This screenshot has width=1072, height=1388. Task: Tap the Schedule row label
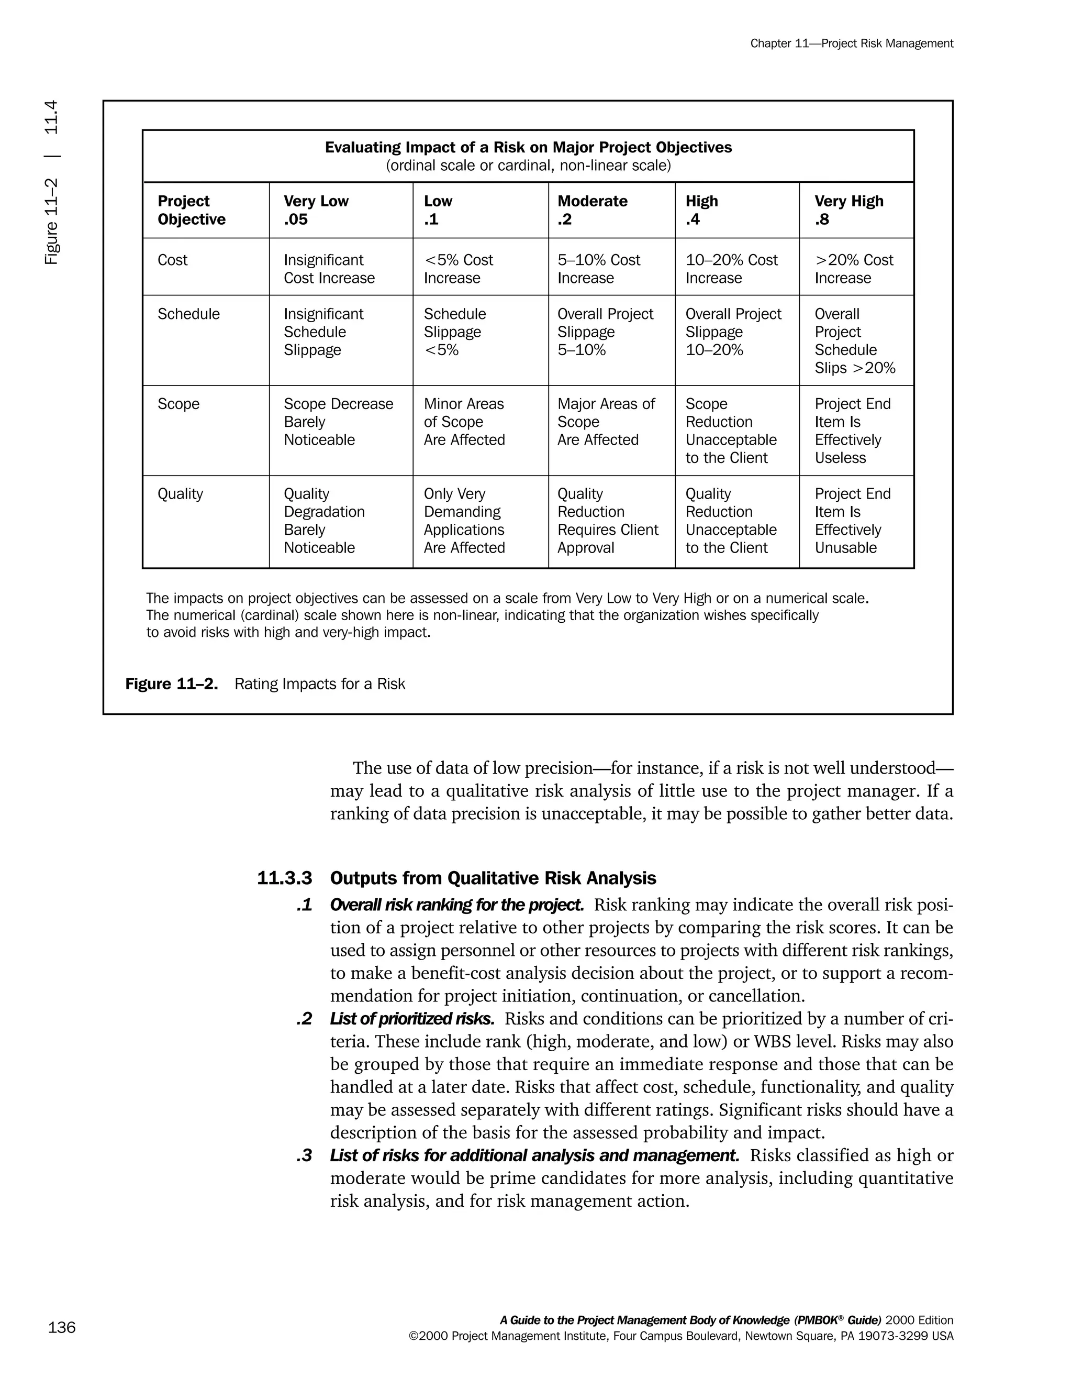(x=188, y=314)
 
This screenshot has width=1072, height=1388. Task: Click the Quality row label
(x=181, y=494)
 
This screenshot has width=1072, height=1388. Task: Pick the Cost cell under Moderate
(x=598, y=269)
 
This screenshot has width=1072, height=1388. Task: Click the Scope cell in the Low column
(x=464, y=422)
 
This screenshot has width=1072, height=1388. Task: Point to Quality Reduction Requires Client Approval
(x=607, y=521)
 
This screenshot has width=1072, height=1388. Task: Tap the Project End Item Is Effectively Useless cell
(x=852, y=431)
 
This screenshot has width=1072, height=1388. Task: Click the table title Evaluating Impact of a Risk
(x=528, y=148)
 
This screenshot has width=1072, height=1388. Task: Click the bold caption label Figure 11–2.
(x=172, y=684)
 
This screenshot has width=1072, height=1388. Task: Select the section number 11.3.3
(x=285, y=878)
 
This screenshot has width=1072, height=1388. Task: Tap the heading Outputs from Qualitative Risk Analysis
(x=493, y=878)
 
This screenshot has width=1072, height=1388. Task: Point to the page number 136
(x=62, y=1328)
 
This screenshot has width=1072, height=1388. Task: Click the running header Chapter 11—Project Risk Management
(x=851, y=43)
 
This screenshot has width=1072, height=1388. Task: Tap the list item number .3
(x=304, y=1155)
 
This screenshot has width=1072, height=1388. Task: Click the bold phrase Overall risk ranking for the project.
(x=456, y=905)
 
